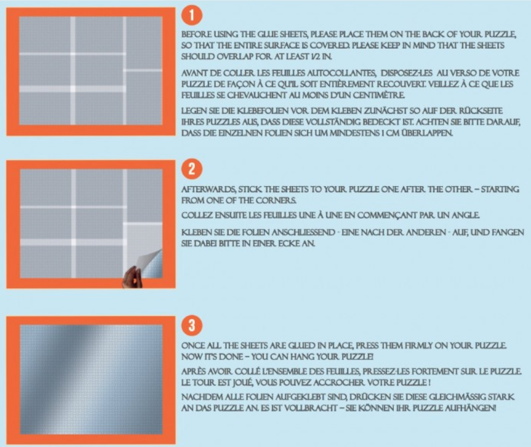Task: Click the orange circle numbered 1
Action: (192, 15)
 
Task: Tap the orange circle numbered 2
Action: (192, 169)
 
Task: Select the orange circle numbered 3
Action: (192, 325)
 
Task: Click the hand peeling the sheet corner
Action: (132, 277)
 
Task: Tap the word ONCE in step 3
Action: (192, 346)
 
